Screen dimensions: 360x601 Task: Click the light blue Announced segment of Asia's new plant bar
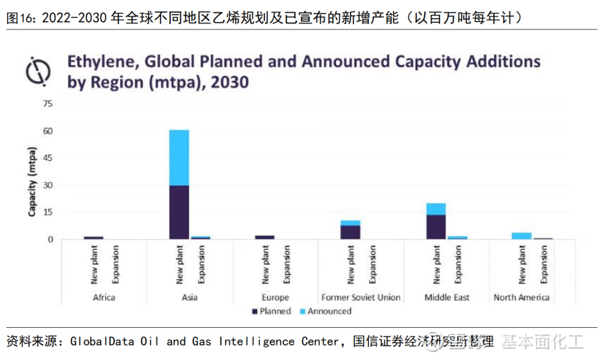coord(179,157)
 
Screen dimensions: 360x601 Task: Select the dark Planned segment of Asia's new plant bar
coord(179,212)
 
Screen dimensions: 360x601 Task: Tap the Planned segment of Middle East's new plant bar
coord(436,226)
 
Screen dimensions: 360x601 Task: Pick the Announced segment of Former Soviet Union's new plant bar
coord(350,223)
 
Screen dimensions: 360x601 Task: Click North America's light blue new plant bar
coord(521,236)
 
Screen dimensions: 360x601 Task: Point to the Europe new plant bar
coord(264,237)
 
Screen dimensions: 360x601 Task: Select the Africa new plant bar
coord(93,238)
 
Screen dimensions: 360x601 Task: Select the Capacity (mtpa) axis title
coord(32,181)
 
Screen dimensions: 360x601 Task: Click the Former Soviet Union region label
coord(361,297)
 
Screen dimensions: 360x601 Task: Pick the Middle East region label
coord(447,297)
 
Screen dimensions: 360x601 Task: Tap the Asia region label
coord(189,297)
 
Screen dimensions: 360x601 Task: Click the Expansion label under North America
coord(544,264)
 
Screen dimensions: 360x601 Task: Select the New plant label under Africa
coord(93,264)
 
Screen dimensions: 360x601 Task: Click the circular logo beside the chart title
coord(38,71)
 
